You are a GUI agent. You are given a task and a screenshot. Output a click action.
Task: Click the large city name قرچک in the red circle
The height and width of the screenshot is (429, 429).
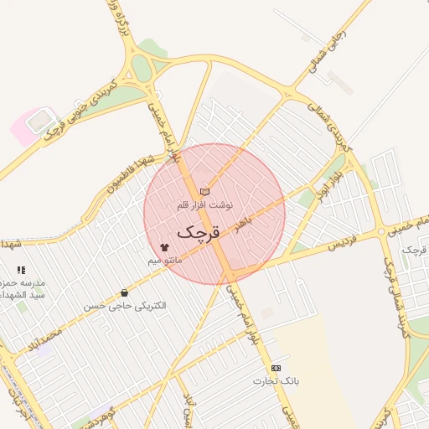pyautogui.click(x=199, y=232)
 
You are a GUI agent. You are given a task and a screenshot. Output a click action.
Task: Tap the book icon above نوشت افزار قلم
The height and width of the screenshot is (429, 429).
pyautogui.click(x=205, y=192)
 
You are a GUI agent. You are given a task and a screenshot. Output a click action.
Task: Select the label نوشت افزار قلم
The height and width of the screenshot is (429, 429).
pyautogui.click(x=205, y=204)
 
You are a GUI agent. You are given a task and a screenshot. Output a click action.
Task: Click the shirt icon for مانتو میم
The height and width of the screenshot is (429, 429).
pyautogui.click(x=164, y=247)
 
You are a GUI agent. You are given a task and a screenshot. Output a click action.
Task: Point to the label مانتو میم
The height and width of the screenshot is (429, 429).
pyautogui.click(x=165, y=261)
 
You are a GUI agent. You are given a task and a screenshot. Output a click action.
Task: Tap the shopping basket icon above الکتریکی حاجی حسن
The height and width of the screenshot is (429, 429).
pyautogui.click(x=125, y=292)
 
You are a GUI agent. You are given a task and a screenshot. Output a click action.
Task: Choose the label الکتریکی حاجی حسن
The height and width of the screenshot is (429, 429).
pyautogui.click(x=125, y=307)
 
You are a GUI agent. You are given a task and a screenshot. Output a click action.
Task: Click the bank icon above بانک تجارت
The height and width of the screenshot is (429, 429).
pyautogui.click(x=276, y=368)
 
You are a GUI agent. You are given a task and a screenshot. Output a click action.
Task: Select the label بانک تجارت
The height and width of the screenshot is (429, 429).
pyautogui.click(x=276, y=381)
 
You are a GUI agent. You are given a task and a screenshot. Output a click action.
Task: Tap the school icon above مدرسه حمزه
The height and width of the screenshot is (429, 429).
pyautogui.click(x=21, y=271)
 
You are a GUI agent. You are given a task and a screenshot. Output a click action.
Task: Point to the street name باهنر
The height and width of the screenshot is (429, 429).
pyautogui.click(x=242, y=226)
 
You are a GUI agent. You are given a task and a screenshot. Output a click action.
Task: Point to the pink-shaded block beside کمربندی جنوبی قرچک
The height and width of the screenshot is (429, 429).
pyautogui.click(x=28, y=126)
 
